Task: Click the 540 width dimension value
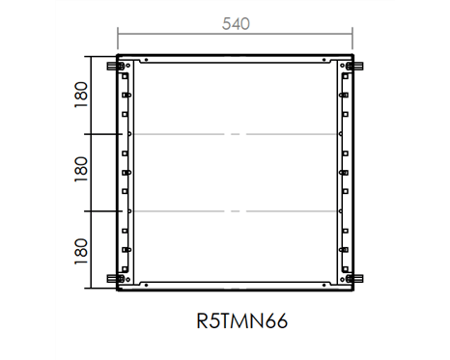pyautogui.click(x=236, y=24)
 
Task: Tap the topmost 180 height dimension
pyautogui.click(x=81, y=95)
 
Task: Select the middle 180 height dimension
pyautogui.click(x=81, y=169)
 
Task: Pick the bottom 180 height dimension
pyautogui.click(x=81, y=251)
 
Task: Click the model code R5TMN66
pyautogui.click(x=242, y=321)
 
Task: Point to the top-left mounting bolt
pyautogui.click(x=115, y=67)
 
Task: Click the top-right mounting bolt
pyautogui.click(x=355, y=67)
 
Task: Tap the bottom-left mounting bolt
pyautogui.click(x=115, y=279)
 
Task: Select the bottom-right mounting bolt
pyautogui.click(x=355, y=279)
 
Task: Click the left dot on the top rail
pyautogui.click(x=146, y=60)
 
